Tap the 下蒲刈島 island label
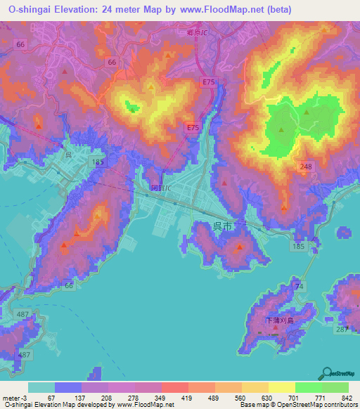pos(279,320)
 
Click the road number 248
pos(305,166)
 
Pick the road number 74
pos(299,286)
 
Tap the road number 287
pos(342,330)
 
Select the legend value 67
pos(51,398)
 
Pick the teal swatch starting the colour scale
pos(41,387)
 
